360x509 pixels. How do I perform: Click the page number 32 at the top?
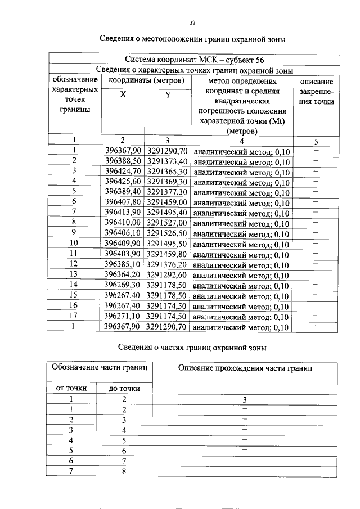pos(192,23)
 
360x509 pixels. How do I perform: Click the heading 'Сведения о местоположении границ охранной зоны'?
pos(193,39)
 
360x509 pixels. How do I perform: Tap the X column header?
pos(123,95)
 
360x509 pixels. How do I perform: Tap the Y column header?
pos(168,95)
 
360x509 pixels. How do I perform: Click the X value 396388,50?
pos(123,161)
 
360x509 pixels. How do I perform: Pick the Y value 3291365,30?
pos(168,171)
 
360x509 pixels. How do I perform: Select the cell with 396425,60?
pos(123,181)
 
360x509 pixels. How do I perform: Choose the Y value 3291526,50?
pos(168,232)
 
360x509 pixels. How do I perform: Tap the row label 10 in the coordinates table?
pos(74,243)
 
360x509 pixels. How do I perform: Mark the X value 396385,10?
pos(123,264)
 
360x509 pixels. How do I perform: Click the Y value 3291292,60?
pos(168,274)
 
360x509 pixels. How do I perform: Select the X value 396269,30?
pos(123,285)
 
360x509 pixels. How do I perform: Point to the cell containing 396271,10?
pos(123,316)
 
